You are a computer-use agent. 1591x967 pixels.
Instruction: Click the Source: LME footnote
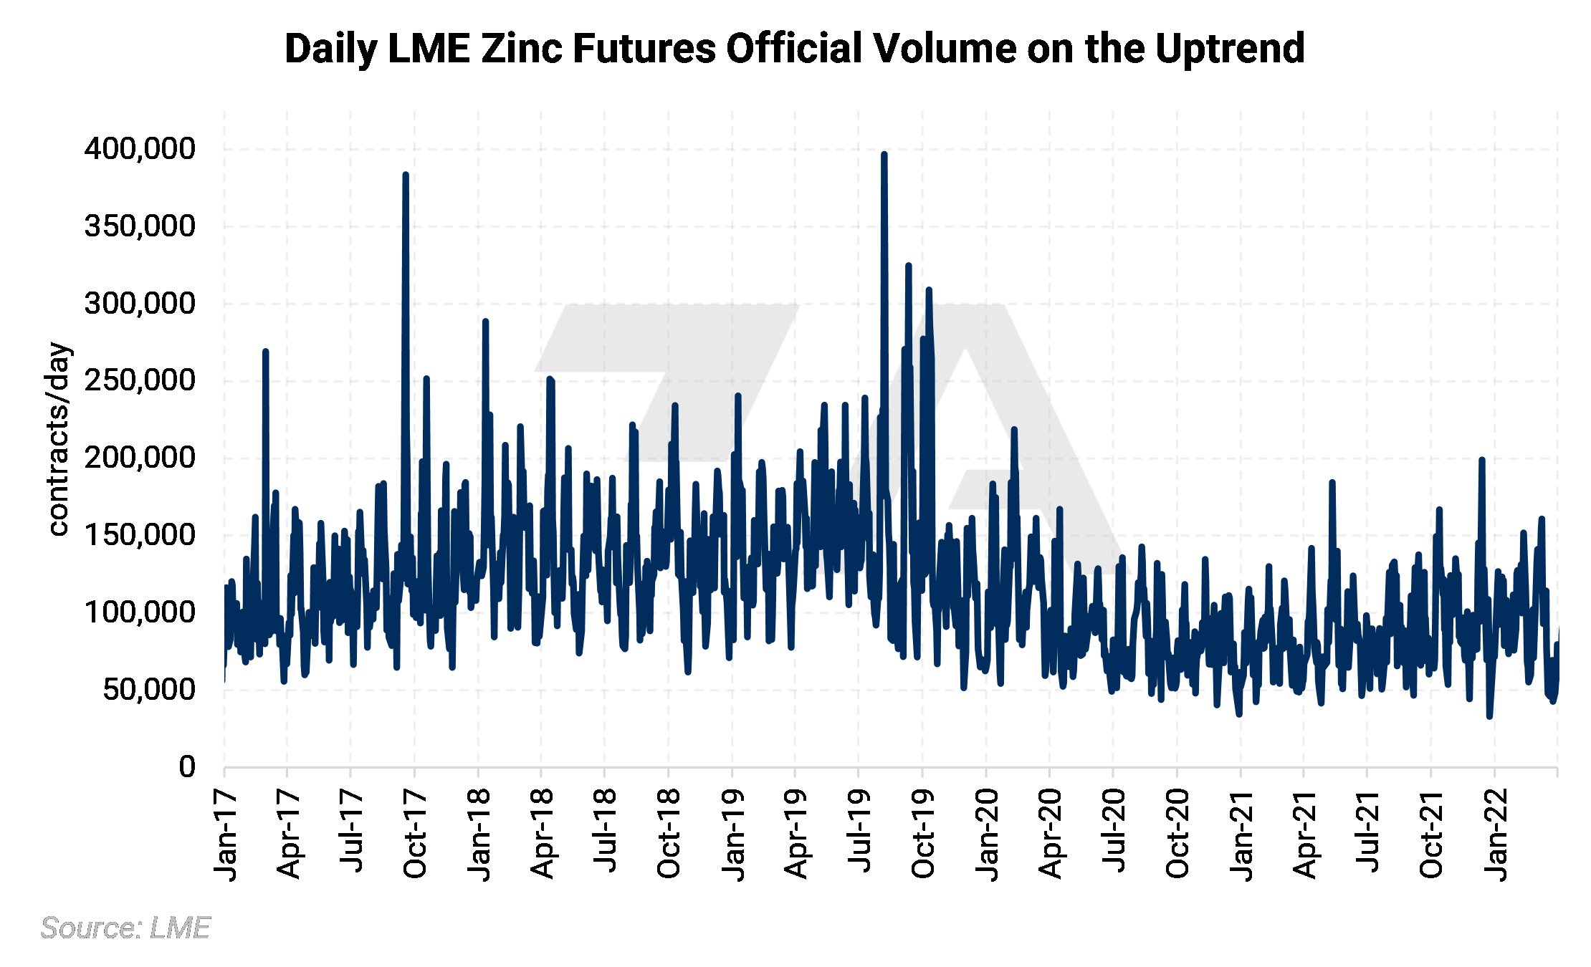click(125, 928)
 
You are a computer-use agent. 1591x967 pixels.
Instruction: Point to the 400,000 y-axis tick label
click(140, 149)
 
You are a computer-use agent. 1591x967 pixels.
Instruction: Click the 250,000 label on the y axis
click(140, 380)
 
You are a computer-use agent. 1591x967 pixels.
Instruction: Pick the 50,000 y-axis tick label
click(148, 689)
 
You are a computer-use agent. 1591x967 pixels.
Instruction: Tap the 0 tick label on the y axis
click(187, 766)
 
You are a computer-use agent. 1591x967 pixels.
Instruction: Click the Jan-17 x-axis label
click(226, 834)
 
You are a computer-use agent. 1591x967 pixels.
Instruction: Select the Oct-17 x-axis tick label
click(416, 834)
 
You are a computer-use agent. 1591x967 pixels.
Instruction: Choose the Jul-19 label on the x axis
click(859, 831)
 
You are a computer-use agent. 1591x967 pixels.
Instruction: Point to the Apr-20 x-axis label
click(1050, 834)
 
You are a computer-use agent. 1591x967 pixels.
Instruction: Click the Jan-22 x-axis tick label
click(1495, 834)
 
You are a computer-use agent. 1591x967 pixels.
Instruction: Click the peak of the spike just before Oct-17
click(406, 175)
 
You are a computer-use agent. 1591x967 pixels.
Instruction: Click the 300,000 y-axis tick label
click(140, 304)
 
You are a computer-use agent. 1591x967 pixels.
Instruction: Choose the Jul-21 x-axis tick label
click(1367, 831)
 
